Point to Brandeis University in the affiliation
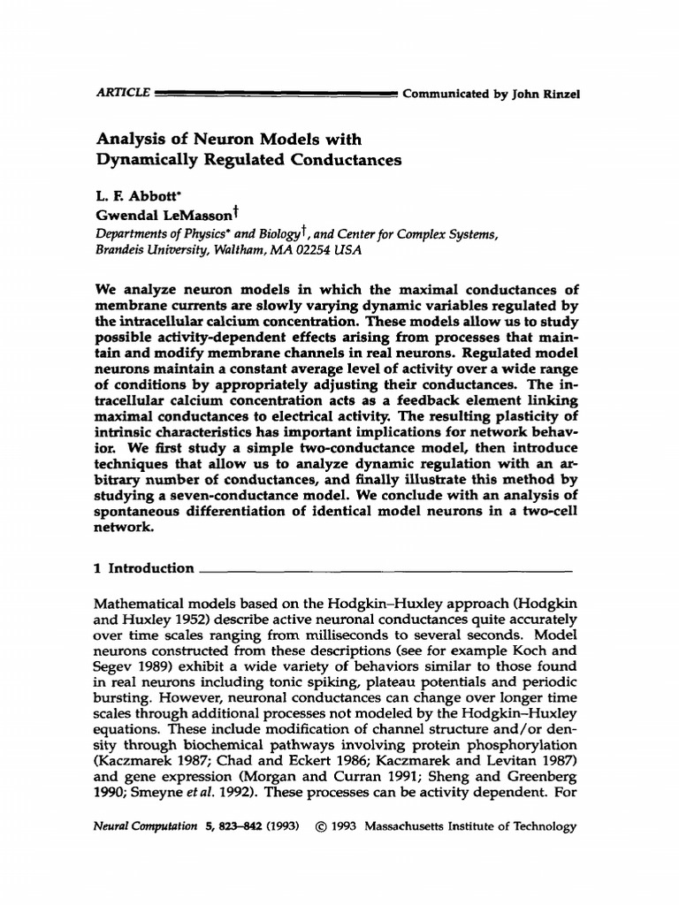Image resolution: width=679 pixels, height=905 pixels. pyautogui.click(x=145, y=250)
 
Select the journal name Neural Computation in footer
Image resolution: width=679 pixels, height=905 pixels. pyautogui.click(x=146, y=827)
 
